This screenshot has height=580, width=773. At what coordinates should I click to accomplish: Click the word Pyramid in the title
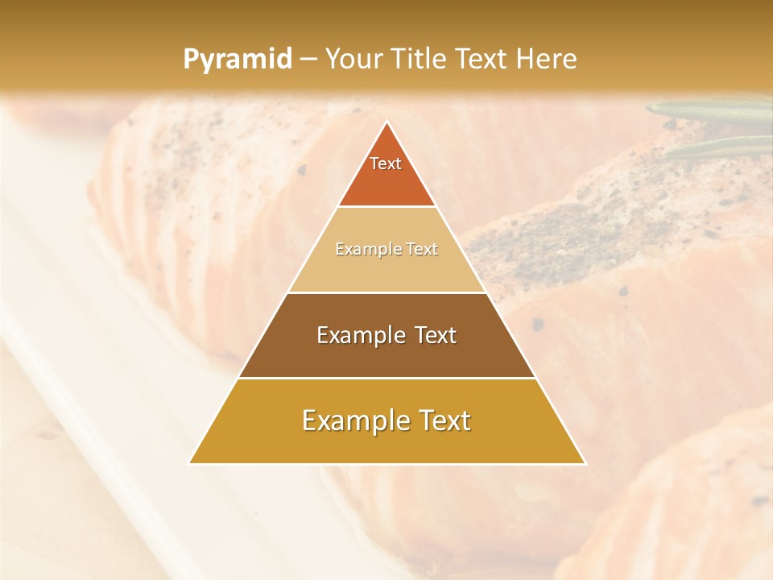coord(237,60)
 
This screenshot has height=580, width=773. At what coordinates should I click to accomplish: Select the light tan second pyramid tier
coord(386,266)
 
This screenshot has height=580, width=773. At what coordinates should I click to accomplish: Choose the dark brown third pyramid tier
coord(386,354)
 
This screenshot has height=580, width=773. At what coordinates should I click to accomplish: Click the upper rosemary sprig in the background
coord(709,110)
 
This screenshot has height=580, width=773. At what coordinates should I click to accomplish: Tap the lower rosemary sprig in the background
coord(717,146)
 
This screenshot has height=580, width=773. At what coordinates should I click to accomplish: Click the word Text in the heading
coord(484,59)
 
